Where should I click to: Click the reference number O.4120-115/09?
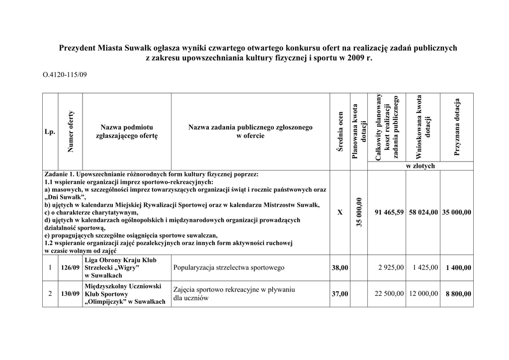coord(65,75)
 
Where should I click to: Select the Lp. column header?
coord(49,132)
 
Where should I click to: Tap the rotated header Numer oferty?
coord(71,131)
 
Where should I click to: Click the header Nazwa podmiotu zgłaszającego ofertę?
coord(127,132)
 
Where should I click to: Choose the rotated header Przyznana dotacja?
coord(457,127)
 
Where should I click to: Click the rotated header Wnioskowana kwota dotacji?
coord(423,127)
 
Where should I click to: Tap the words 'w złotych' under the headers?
coord(420,166)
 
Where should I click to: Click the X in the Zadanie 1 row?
coord(340,212)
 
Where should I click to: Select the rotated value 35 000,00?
coord(359,212)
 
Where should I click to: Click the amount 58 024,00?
coord(423,212)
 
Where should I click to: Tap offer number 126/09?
coord(70,268)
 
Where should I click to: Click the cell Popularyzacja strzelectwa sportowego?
coord(229,268)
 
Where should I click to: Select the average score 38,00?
coord(340,268)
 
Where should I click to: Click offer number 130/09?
coord(70,294)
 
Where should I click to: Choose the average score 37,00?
coord(340,294)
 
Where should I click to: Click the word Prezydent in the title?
coord(77,48)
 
